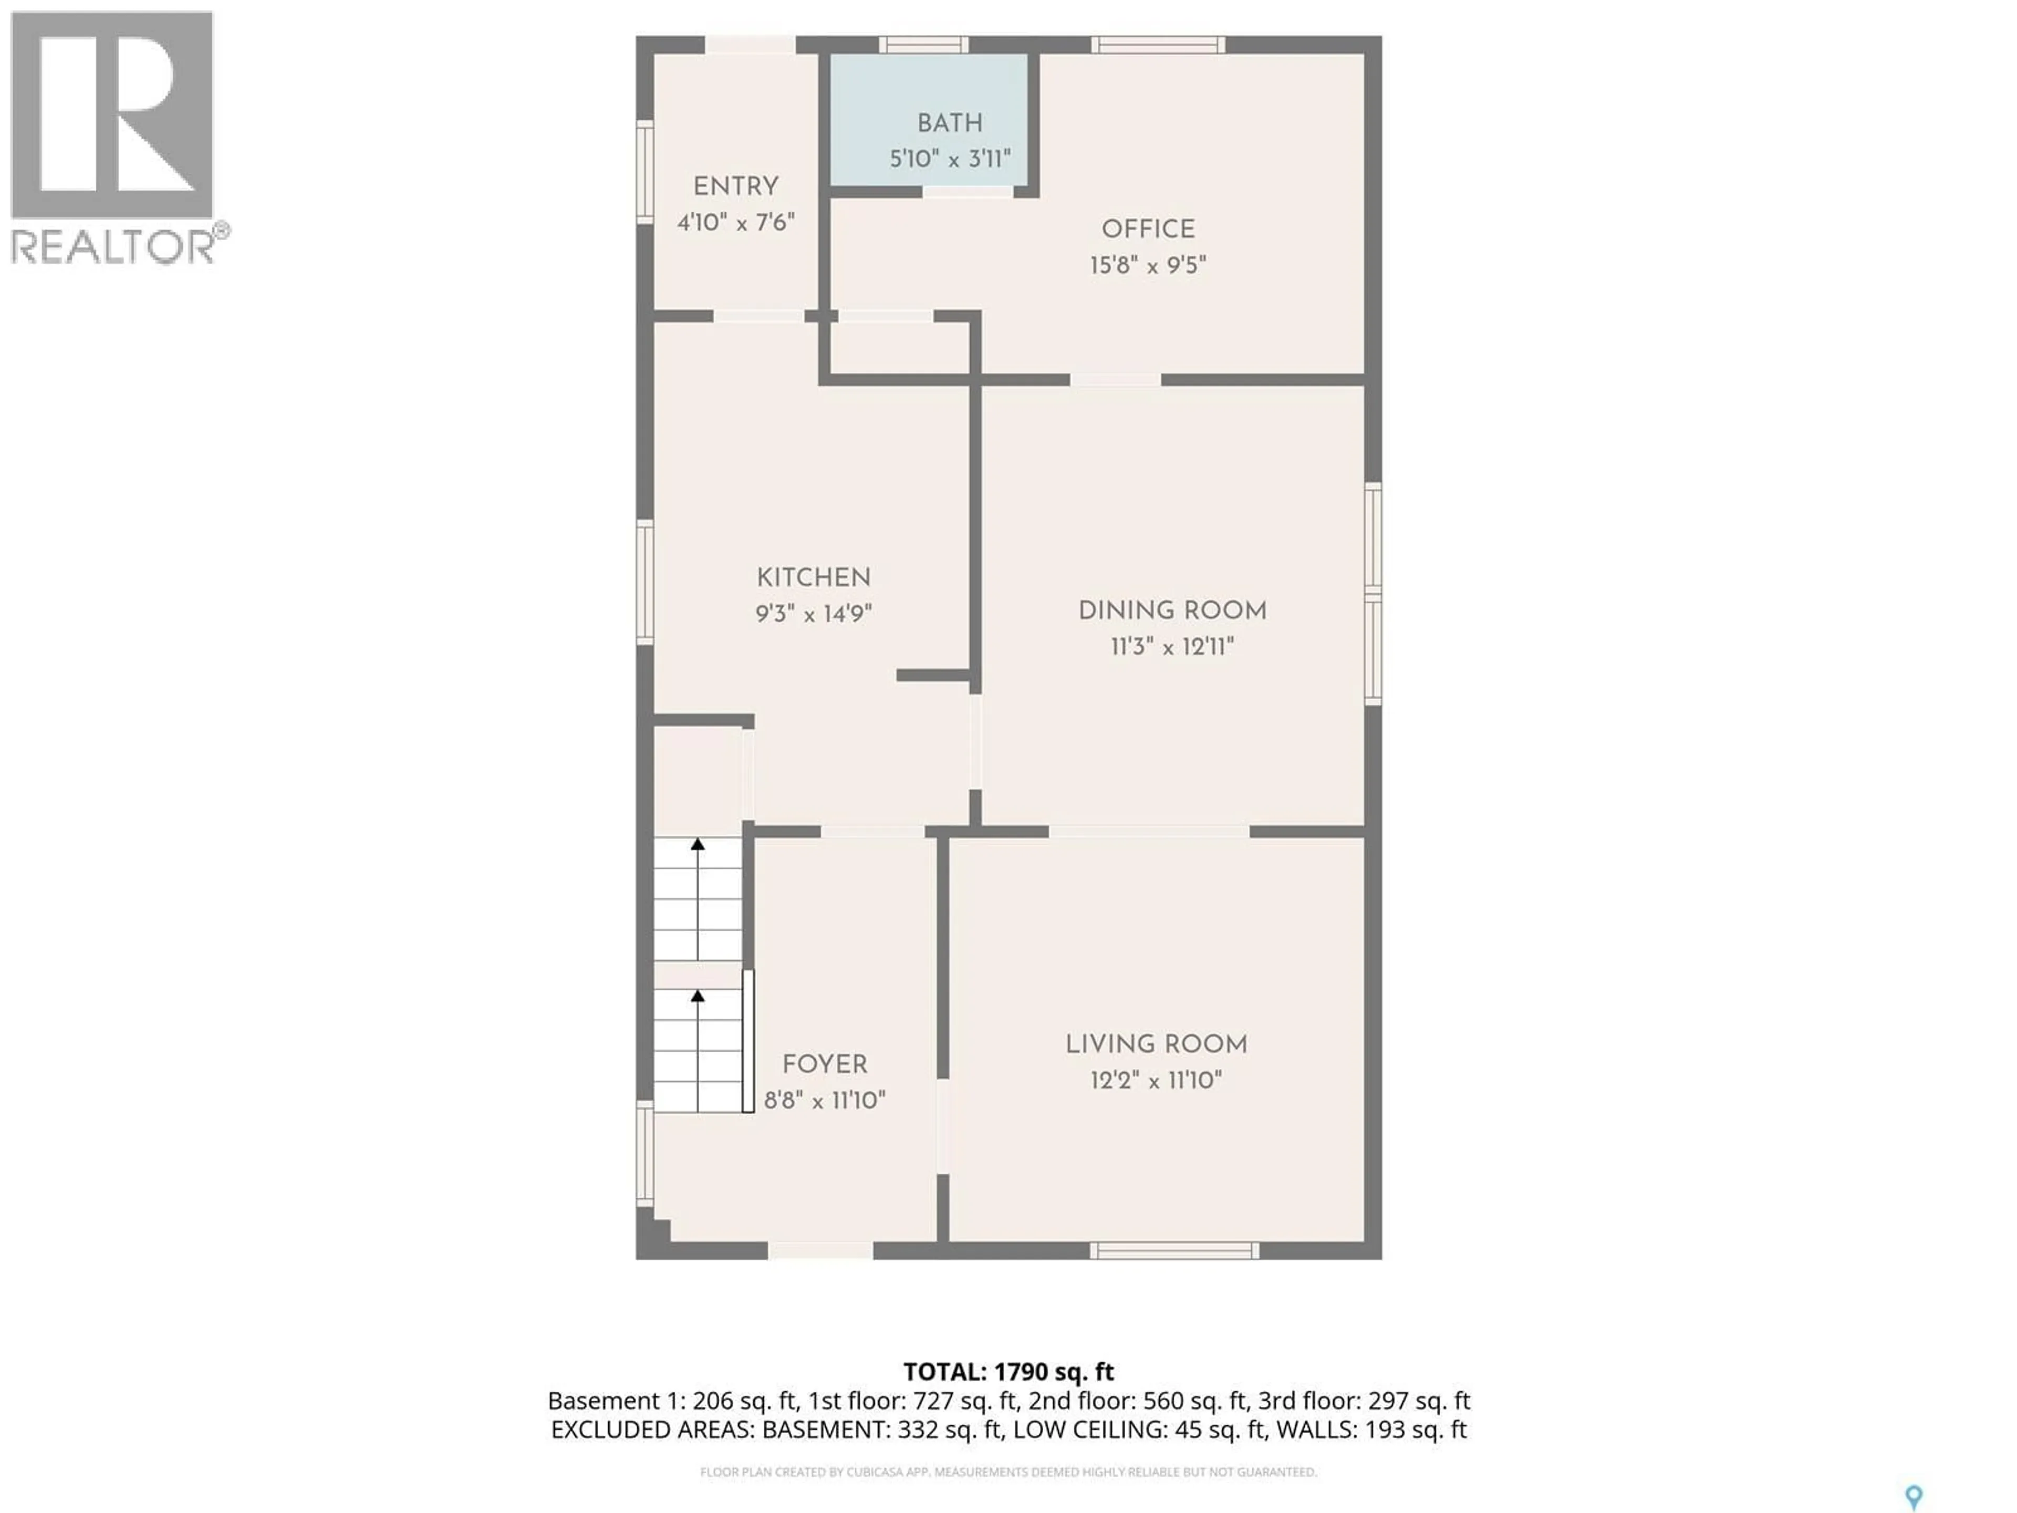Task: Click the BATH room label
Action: (949, 123)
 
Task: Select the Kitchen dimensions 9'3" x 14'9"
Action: (813, 614)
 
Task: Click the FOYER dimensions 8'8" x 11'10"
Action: (824, 1101)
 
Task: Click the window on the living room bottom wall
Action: (1173, 1250)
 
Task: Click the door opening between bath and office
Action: (968, 192)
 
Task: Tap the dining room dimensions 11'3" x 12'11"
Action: (1172, 647)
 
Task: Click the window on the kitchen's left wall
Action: (644, 582)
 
